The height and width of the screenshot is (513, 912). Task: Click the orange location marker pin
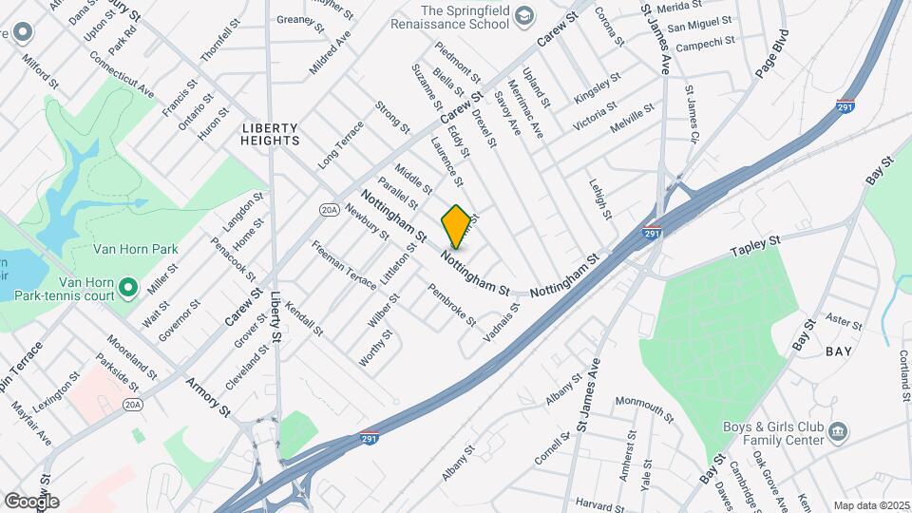457,226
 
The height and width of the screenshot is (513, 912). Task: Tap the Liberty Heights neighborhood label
271,134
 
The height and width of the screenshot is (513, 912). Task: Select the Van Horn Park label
136,250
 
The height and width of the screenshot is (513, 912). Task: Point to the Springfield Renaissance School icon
524,16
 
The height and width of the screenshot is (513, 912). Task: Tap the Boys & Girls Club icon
839,433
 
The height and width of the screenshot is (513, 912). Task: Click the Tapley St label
754,248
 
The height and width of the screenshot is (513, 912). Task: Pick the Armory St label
209,394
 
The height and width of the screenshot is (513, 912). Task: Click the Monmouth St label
643,409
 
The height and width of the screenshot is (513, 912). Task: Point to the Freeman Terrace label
344,277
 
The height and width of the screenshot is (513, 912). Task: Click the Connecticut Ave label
122,73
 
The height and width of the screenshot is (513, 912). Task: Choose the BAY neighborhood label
838,351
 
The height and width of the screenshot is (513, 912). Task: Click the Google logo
30,501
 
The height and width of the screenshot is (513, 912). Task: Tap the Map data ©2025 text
871,505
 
